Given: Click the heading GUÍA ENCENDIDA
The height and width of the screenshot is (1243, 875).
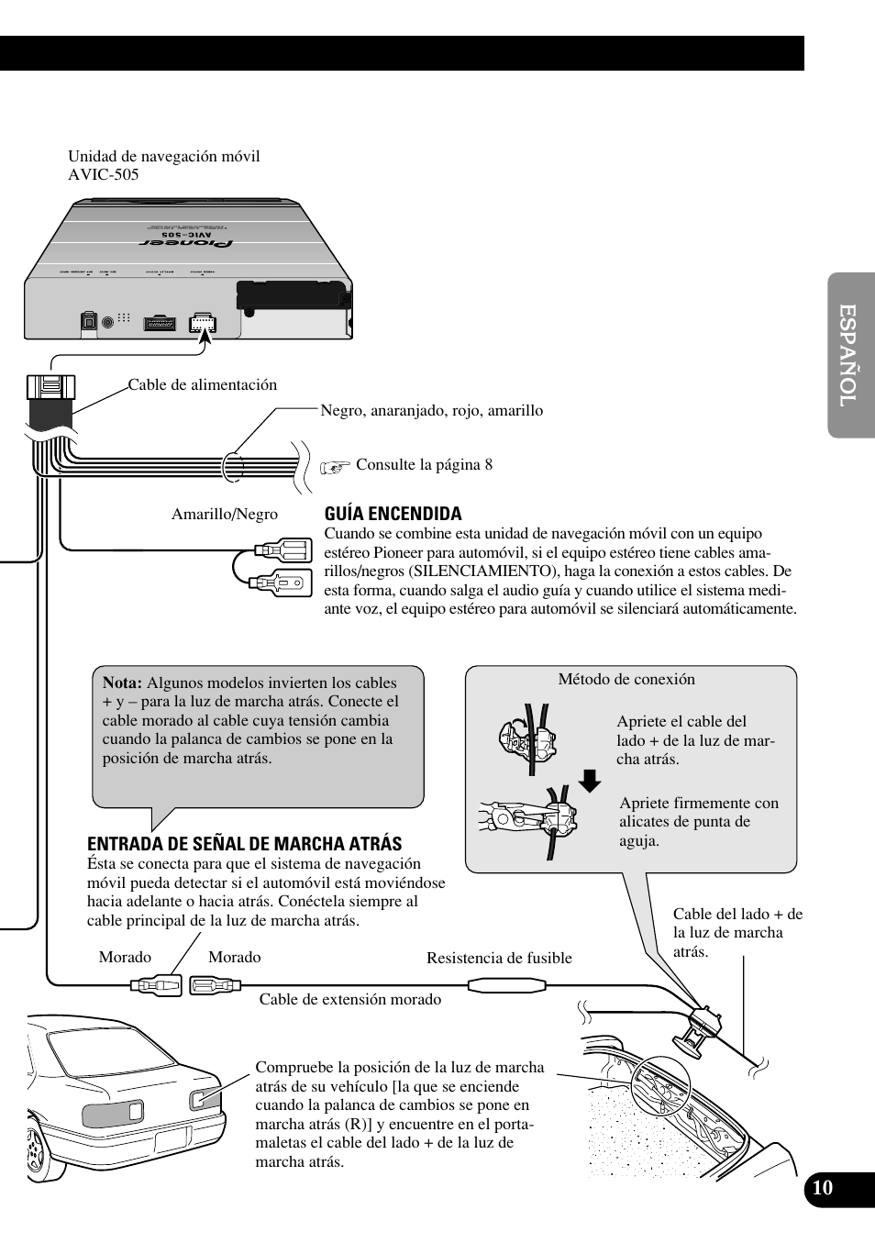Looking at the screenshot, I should (x=393, y=514).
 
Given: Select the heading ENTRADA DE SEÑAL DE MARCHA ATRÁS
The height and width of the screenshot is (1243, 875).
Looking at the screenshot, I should (x=244, y=844).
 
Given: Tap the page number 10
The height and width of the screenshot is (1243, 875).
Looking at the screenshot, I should (x=823, y=1188).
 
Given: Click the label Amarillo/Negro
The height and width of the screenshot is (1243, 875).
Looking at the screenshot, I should (x=224, y=515).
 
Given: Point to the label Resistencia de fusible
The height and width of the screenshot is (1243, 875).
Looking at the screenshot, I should (x=499, y=958).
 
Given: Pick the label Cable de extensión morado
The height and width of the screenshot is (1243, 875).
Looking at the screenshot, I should (x=349, y=999).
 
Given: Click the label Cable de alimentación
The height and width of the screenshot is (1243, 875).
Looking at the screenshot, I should (x=202, y=384).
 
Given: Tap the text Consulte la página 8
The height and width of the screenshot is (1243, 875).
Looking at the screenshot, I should (x=424, y=464).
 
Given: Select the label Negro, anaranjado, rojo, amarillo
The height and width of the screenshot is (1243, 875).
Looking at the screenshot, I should (x=431, y=410).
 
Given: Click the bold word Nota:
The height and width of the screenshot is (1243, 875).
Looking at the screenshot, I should (x=122, y=683).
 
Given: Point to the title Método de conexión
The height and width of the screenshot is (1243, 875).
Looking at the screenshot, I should (x=626, y=679).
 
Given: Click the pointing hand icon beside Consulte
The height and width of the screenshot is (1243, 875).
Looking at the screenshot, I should (x=336, y=466).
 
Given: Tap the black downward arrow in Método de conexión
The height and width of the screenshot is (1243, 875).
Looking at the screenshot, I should (x=590, y=781).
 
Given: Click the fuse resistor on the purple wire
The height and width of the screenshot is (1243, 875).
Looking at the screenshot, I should (x=507, y=986).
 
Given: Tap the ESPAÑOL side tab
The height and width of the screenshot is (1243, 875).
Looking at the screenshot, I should (x=849, y=356).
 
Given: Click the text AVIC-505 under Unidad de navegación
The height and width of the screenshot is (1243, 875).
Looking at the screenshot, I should (x=103, y=174).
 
